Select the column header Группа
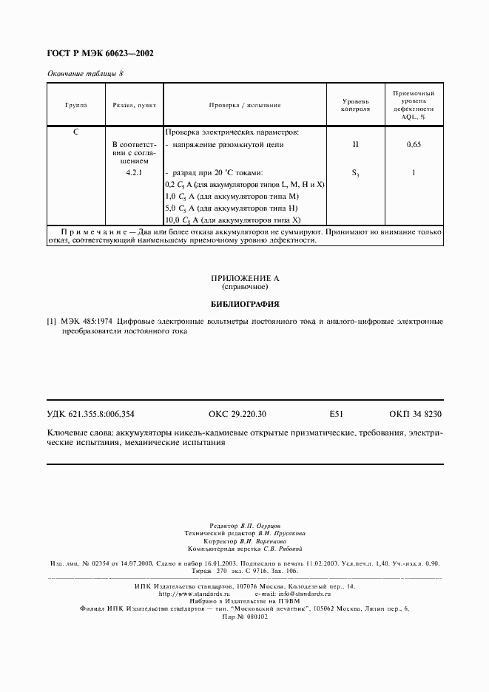[76, 105]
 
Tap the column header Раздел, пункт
[134, 105]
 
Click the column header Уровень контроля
[355, 105]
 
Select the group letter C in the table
[76, 132]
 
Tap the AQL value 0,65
[414, 146]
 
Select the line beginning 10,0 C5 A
[233, 220]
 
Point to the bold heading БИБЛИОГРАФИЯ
[244, 303]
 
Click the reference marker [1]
[51, 322]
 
